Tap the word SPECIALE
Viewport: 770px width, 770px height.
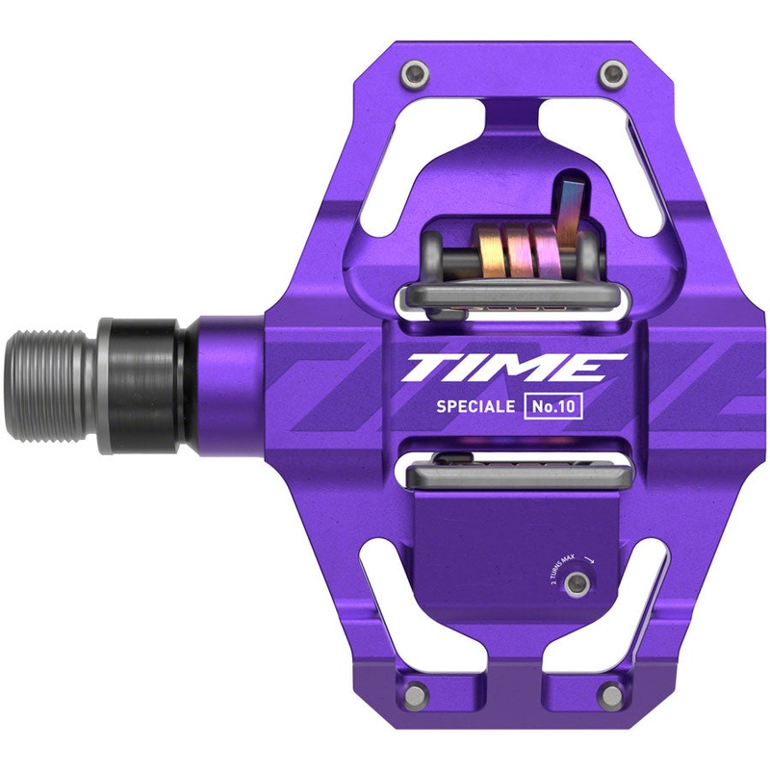click(x=473, y=405)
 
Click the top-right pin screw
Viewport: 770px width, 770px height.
click(x=608, y=71)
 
